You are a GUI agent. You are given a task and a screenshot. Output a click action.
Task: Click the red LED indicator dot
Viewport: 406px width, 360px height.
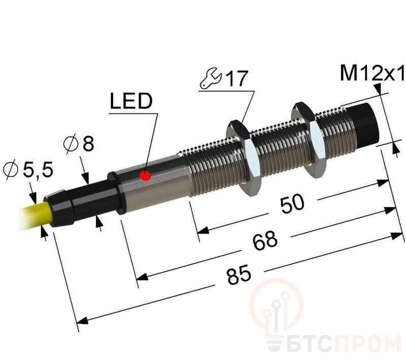point(146,176)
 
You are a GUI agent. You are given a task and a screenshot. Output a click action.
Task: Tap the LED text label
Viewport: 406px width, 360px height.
point(131,101)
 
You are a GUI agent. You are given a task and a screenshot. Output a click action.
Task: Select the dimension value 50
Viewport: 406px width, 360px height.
point(292,204)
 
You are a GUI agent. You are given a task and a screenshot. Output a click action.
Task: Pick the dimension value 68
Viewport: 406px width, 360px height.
point(265,241)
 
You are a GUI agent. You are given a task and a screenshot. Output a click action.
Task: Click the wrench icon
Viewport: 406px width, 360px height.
point(210,79)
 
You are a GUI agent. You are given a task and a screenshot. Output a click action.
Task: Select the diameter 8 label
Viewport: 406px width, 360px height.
point(79,143)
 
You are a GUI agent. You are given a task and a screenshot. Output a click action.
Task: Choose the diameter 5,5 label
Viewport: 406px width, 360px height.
point(28,169)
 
